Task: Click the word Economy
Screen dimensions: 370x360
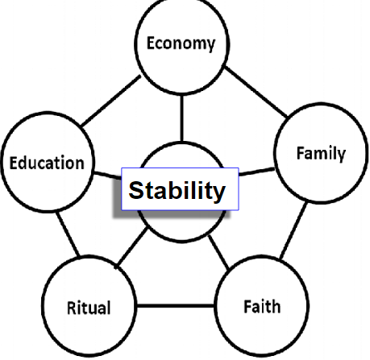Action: pyautogui.click(x=181, y=43)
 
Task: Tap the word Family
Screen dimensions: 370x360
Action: pyautogui.click(x=321, y=154)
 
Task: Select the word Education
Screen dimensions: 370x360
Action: pyautogui.click(x=47, y=163)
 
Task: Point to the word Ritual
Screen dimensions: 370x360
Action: pyautogui.click(x=89, y=308)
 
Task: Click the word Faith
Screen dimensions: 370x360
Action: pyautogui.click(x=262, y=307)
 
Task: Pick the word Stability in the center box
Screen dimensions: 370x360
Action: pyautogui.click(x=177, y=190)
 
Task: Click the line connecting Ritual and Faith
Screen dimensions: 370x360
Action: pyautogui.click(x=175, y=306)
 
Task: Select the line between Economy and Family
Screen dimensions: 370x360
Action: pyautogui.click(x=256, y=92)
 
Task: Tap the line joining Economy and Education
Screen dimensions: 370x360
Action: pyautogui.click(x=110, y=101)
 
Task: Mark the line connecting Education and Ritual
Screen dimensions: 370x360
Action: pyautogui.click(x=69, y=234)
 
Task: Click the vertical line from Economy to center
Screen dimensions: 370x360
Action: pyautogui.click(x=182, y=118)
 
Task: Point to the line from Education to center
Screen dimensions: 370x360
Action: pyautogui.click(x=107, y=176)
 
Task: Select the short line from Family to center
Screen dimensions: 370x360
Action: pyautogui.click(x=256, y=172)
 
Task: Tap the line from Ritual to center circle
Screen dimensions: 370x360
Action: pyautogui.click(x=131, y=247)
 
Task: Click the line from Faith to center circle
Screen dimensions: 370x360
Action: pyautogui.click(x=218, y=251)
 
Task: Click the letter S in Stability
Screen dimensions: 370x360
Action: pyautogui.click(x=136, y=190)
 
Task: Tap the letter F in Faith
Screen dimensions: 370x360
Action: pyautogui.click(x=247, y=307)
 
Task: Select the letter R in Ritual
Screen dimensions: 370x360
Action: pyautogui.click(x=72, y=308)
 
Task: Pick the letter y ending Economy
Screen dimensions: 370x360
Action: pyautogui.click(x=211, y=46)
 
